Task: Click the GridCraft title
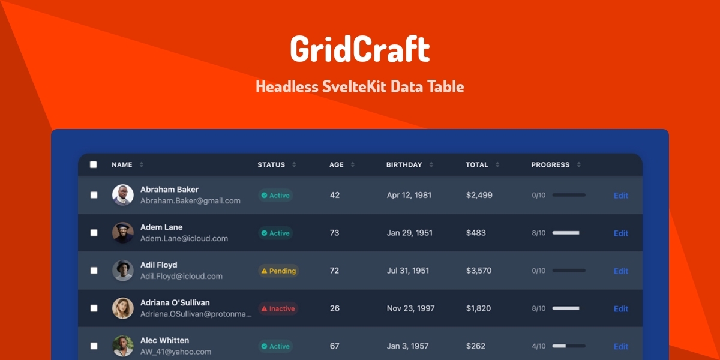click(x=359, y=49)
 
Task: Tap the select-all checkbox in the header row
click(x=93, y=164)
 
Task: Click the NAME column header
click(x=122, y=165)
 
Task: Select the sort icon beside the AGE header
click(x=353, y=165)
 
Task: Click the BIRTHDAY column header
click(x=404, y=165)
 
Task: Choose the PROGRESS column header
click(x=550, y=165)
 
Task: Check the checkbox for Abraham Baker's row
click(x=94, y=195)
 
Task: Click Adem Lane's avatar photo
click(x=122, y=233)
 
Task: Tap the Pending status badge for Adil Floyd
click(x=278, y=271)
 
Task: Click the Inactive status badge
click(x=278, y=308)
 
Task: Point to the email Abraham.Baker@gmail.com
click(x=190, y=201)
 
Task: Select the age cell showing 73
click(x=334, y=233)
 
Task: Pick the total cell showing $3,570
click(x=479, y=271)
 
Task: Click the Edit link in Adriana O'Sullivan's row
click(x=620, y=308)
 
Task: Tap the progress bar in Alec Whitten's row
click(x=568, y=346)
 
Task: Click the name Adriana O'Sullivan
click(x=175, y=302)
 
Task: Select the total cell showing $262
click(x=476, y=346)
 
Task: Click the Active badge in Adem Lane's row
click(x=275, y=233)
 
